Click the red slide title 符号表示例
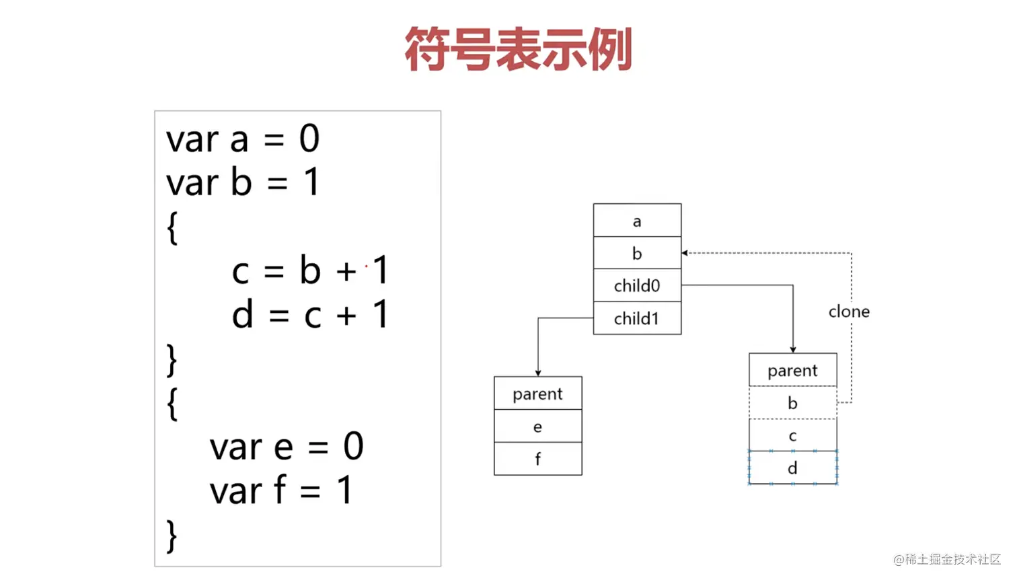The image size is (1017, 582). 518,49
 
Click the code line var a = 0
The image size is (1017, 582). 243,139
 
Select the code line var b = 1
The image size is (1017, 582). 243,182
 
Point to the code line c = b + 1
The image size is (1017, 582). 310,270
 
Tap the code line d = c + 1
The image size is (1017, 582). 310,314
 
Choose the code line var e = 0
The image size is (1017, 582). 287,447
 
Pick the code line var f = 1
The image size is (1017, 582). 281,490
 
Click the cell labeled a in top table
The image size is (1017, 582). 637,221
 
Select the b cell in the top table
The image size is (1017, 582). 637,253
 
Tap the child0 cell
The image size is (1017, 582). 637,285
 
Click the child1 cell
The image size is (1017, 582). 637,318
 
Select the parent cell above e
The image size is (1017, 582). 537,394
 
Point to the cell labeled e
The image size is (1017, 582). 537,427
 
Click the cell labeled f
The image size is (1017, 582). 537,459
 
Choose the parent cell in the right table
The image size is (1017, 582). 792,370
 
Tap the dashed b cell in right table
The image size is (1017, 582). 792,402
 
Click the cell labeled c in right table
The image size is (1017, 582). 792,435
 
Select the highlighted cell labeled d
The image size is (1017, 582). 792,468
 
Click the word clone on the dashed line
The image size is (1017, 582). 849,312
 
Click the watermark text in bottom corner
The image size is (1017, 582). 947,559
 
